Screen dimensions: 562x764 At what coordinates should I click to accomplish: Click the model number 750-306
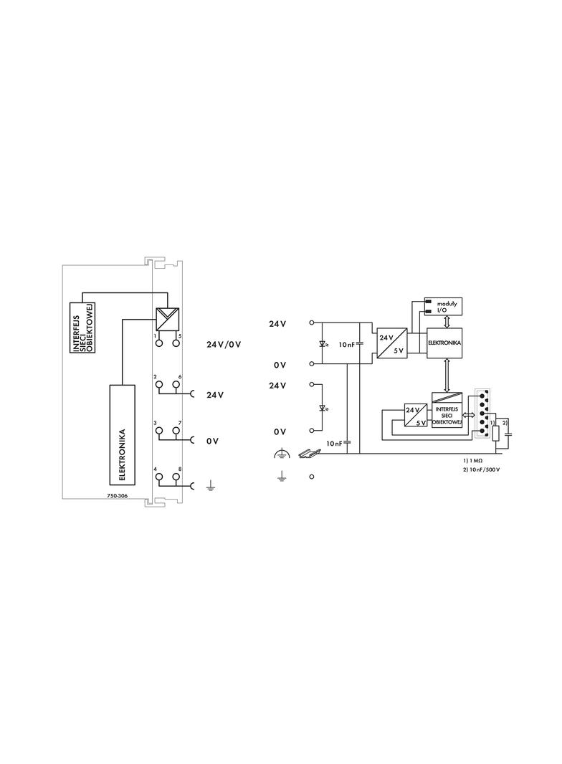pyautogui.click(x=117, y=497)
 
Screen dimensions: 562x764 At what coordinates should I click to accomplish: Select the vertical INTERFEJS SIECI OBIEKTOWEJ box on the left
pyautogui.click(x=82, y=327)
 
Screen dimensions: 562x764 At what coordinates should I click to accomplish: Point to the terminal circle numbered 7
pyautogui.click(x=176, y=430)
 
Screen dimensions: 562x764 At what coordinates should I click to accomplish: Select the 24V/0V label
pyautogui.click(x=224, y=345)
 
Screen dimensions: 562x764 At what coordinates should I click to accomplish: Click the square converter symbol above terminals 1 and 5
pyautogui.click(x=167, y=319)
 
